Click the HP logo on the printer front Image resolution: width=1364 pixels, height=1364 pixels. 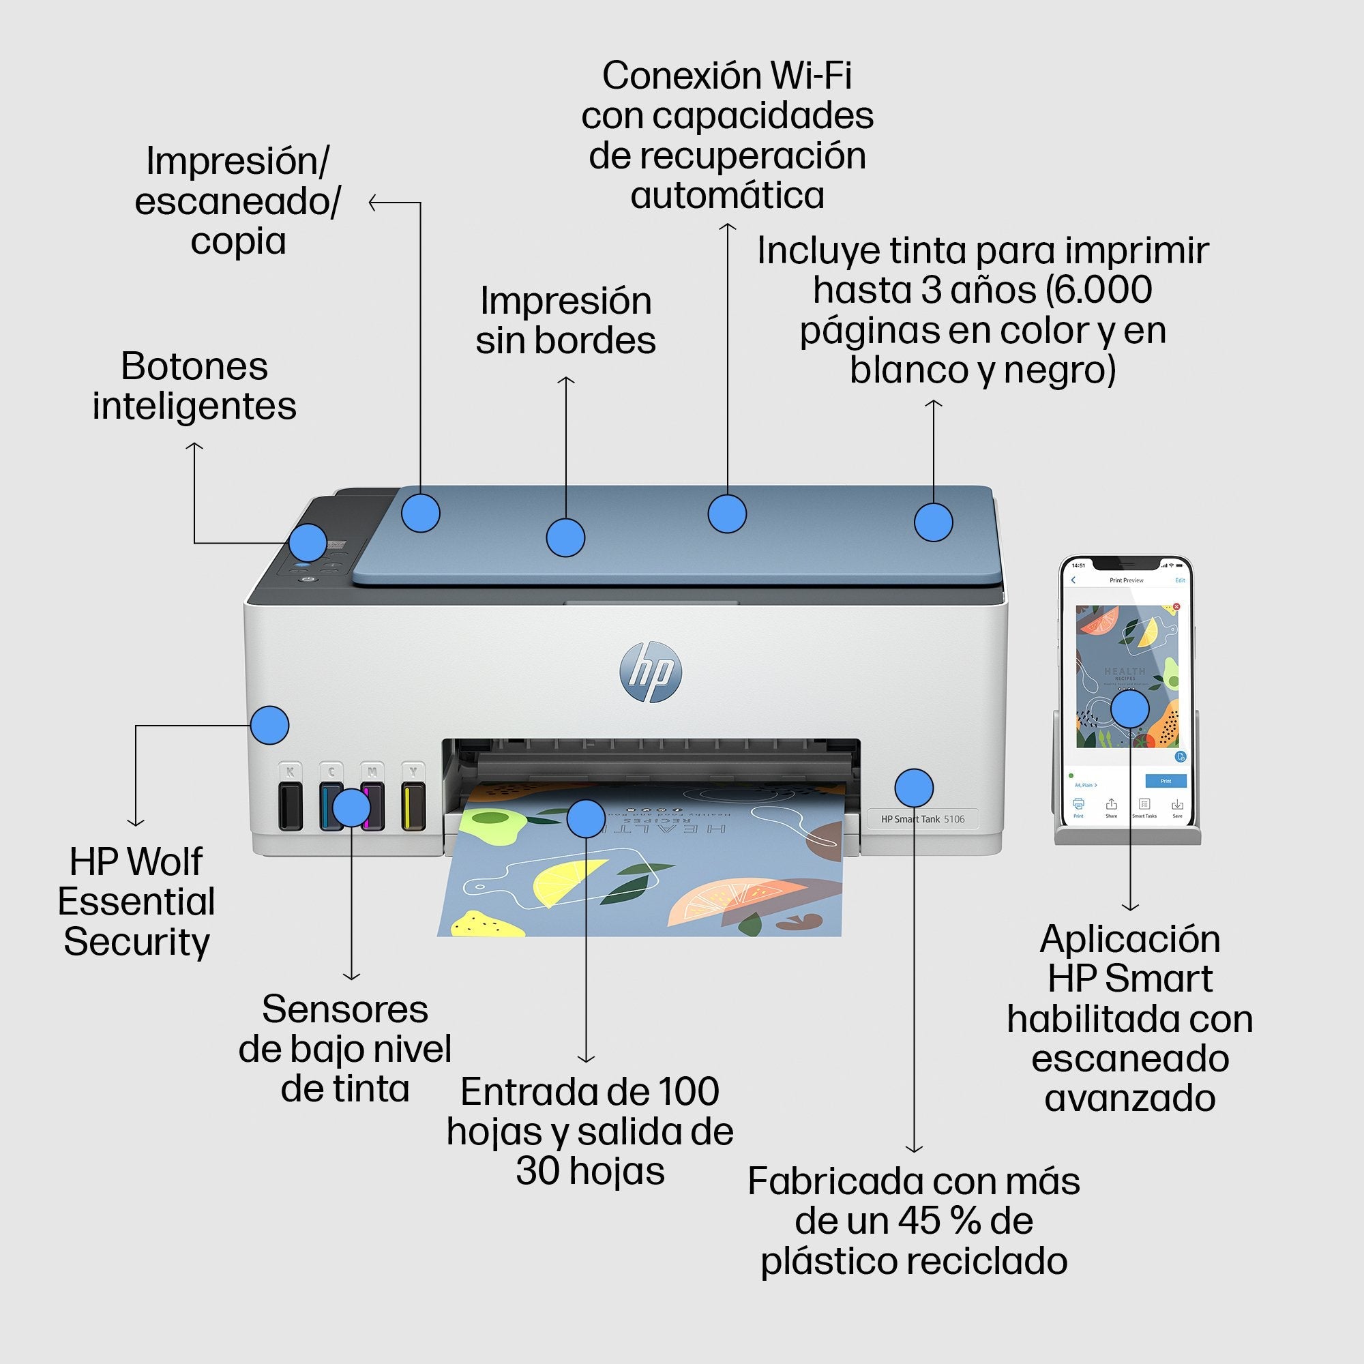pos(650,671)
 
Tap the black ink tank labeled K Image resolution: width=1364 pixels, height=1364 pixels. pos(290,804)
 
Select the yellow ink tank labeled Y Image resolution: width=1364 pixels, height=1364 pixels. pos(414,804)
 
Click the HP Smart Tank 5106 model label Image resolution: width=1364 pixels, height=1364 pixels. pos(922,819)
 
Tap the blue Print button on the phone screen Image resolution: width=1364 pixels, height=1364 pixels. pos(1165,781)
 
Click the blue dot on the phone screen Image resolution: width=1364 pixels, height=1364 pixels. pos(1130,709)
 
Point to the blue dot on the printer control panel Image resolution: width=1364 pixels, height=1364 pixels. pos(308,543)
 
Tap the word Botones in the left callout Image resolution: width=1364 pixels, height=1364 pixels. pos(194,366)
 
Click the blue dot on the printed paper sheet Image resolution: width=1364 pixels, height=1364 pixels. pos(586,818)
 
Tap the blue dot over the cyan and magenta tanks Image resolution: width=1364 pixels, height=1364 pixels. pos(351,807)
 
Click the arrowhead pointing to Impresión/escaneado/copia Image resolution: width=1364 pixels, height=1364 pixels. pos(372,203)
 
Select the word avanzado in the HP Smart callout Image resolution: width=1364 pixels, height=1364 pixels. pos(1129,1098)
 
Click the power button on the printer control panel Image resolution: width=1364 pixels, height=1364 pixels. pos(307,580)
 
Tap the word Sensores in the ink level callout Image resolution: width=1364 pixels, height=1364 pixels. pos(344,1009)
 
